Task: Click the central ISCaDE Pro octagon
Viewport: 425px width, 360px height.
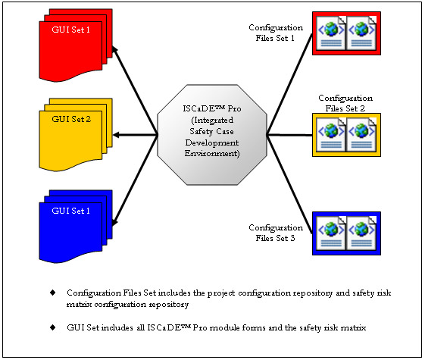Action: (212, 135)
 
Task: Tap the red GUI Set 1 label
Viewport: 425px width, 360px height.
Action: (70, 30)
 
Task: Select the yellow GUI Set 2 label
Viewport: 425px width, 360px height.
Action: (71, 119)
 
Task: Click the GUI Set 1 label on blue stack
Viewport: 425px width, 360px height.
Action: (70, 211)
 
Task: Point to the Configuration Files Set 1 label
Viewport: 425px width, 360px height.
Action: (276, 33)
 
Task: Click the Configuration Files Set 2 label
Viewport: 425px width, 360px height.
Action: (345, 103)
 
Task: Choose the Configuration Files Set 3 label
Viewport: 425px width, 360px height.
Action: (276, 233)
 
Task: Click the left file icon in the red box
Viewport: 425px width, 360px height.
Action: (331, 33)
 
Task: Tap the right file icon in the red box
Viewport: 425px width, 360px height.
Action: (361, 33)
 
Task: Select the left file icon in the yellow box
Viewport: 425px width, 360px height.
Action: (331, 135)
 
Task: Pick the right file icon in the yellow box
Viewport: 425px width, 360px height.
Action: (361, 135)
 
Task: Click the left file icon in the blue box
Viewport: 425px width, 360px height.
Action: (331, 233)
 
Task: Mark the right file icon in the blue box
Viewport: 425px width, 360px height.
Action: (361, 233)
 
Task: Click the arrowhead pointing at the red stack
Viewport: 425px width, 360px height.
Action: (115, 49)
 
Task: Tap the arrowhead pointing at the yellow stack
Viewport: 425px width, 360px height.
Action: (116, 135)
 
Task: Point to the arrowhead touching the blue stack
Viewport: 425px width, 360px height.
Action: (115, 221)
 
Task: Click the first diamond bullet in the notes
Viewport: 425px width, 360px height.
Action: (53, 293)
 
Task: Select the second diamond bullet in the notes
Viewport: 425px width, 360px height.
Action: (53, 327)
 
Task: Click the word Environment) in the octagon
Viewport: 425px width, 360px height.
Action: (212, 153)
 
